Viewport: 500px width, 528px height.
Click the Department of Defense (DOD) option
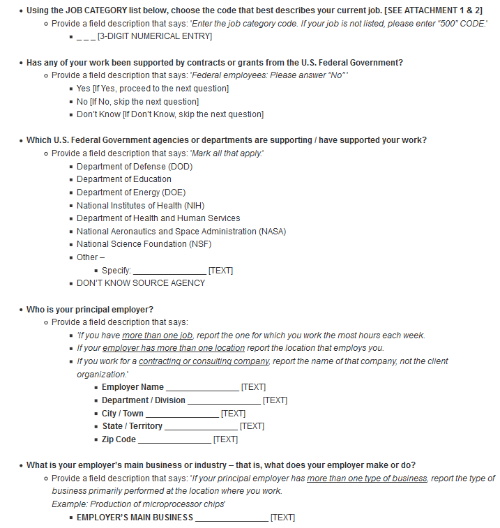click(x=134, y=166)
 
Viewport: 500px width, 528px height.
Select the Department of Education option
click(x=123, y=179)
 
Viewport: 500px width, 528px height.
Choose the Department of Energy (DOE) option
click(x=131, y=193)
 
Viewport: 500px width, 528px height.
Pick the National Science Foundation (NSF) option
click(x=144, y=244)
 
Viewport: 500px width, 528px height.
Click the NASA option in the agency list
click(x=181, y=232)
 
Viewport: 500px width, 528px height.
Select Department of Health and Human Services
click(x=158, y=218)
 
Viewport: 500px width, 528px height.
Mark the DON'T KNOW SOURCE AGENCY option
click(x=141, y=283)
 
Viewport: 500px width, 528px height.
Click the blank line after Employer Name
click(x=202, y=388)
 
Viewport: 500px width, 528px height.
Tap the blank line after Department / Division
click(x=224, y=401)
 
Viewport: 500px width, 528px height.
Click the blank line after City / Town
click(x=182, y=414)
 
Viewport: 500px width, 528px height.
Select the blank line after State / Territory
click(x=201, y=427)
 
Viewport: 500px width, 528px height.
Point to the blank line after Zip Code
click(x=174, y=440)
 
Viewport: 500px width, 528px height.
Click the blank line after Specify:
click(x=169, y=271)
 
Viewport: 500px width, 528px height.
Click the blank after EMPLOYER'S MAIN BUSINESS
click(x=232, y=518)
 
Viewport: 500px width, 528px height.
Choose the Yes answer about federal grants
click(x=84, y=89)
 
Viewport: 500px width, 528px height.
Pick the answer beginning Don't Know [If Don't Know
click(x=169, y=114)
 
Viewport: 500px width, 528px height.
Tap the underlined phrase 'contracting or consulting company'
click(x=204, y=361)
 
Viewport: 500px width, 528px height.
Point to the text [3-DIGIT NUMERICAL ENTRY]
click(x=155, y=36)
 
